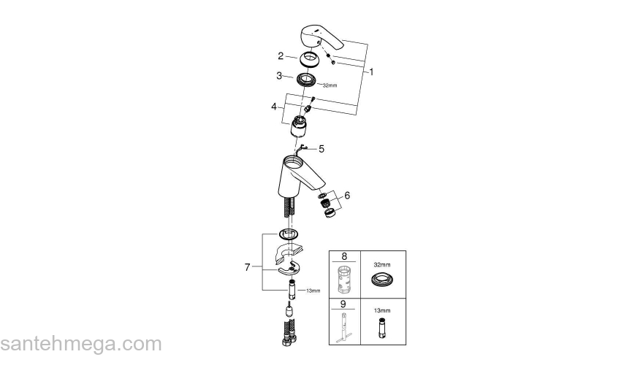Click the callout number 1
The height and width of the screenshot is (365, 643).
371,72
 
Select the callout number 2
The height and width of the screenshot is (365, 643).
281,55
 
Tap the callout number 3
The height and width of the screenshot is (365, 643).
279,75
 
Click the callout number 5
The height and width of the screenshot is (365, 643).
321,148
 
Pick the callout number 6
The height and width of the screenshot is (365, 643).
347,195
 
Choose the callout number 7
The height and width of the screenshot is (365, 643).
247,267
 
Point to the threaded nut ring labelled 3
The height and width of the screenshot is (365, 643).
309,79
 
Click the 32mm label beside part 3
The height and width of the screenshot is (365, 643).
330,85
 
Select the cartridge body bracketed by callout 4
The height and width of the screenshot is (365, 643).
298,126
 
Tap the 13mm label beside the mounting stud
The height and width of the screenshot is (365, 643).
313,291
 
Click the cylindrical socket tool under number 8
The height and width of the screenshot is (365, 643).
346,280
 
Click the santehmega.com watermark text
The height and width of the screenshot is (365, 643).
80,344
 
